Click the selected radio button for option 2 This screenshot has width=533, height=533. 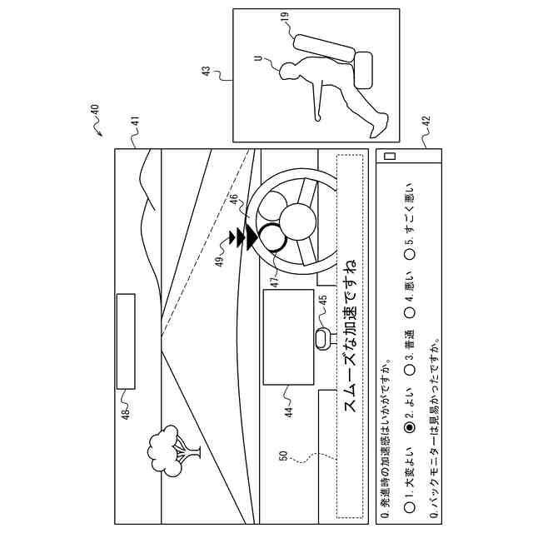pos(410,427)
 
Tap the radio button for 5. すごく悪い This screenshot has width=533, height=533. pos(410,255)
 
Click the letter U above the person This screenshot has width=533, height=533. pos(259,59)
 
